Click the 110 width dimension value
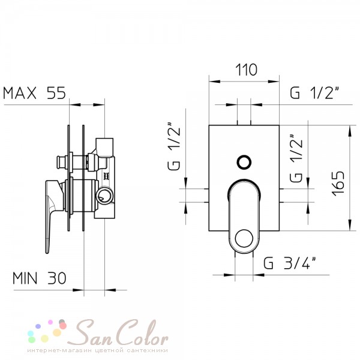[247, 70]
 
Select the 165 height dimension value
[338, 183]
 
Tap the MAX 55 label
[34, 93]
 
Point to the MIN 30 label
[39, 278]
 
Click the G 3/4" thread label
[290, 263]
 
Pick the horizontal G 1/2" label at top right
[314, 92]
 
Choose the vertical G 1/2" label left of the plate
[174, 147]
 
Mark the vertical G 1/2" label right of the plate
[296, 158]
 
